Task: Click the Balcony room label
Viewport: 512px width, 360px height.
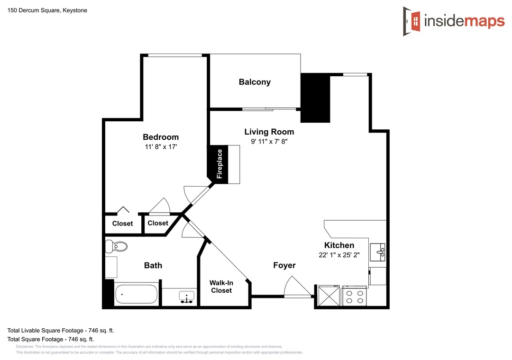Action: [255, 82]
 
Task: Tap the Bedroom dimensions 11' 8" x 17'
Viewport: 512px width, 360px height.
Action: [161, 147]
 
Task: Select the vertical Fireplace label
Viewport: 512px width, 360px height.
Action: [219, 164]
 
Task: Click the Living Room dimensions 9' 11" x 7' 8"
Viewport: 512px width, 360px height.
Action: [269, 141]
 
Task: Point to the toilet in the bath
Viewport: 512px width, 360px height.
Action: [116, 246]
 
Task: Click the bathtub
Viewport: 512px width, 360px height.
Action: [136, 294]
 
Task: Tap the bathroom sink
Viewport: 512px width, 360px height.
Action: [186, 297]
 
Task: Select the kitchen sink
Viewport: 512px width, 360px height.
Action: [377, 252]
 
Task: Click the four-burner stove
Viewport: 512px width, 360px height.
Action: [355, 297]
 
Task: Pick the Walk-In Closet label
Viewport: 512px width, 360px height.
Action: [221, 287]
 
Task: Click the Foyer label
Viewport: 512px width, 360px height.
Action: [284, 265]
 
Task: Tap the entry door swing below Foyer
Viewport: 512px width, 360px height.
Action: [297, 287]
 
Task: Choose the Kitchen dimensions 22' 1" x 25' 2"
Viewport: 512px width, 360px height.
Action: [339, 255]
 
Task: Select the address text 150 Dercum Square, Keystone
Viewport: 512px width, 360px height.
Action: [47, 10]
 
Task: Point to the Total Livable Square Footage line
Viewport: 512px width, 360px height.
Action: [61, 331]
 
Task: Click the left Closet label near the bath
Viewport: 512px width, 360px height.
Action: [122, 224]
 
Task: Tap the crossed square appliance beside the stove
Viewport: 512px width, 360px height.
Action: [329, 296]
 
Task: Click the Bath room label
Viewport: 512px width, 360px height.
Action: [153, 265]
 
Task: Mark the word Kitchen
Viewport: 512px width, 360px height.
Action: [339, 245]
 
